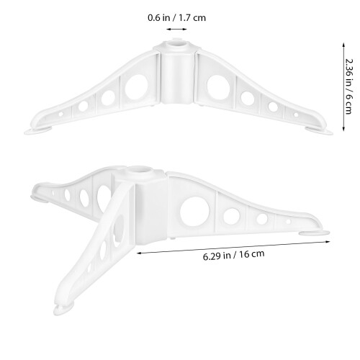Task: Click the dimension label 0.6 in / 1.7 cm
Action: click(176, 18)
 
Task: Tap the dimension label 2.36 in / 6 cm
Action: click(349, 86)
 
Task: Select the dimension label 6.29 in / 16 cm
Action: click(234, 255)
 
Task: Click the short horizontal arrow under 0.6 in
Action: click(176, 30)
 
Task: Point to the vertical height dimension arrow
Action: click(343, 87)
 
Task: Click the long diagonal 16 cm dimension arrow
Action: click(233, 247)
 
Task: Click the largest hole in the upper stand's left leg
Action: click(136, 87)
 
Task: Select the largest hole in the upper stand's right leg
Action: click(218, 88)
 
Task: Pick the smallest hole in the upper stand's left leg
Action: click(61, 114)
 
